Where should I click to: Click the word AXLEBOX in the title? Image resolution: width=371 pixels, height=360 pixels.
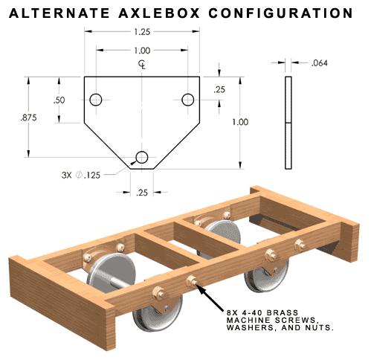pos(159,13)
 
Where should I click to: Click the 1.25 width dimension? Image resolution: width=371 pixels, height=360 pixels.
pos(142,32)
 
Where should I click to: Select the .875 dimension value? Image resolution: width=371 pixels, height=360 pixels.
pos(28,118)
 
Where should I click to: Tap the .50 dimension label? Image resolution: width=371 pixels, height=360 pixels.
pos(59,100)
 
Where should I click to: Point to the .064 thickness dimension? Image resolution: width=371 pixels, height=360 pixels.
pos(319,63)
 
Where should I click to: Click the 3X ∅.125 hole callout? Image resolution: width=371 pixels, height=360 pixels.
pos(81,175)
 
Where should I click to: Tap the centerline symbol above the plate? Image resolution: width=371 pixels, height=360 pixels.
pos(142,65)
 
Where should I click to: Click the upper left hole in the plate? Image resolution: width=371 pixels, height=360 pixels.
pos(96,100)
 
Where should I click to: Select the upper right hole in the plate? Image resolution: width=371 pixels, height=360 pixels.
pos(187,100)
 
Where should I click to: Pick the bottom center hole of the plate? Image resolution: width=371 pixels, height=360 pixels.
pos(142,157)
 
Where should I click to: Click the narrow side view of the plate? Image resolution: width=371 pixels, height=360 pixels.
pos(288,123)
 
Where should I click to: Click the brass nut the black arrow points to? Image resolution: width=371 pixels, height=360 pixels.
pos(192,281)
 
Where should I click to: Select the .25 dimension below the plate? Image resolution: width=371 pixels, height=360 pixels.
pos(142,193)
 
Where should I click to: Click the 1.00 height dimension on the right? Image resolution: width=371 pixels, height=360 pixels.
pos(240,122)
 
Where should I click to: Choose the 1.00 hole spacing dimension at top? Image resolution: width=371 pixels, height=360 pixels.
pos(142,51)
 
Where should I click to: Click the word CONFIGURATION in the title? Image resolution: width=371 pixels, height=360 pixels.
pos(280,13)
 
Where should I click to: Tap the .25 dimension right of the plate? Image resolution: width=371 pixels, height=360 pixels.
pos(219,89)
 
